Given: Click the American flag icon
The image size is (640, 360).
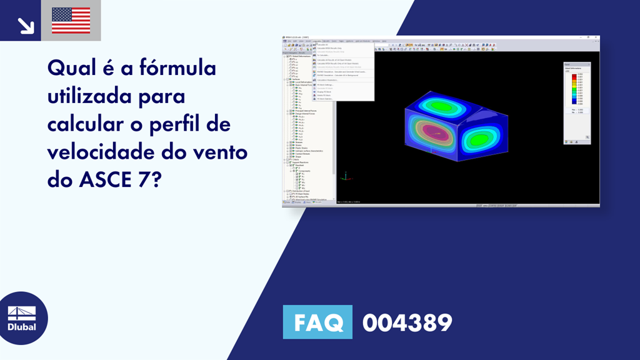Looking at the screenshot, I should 71,20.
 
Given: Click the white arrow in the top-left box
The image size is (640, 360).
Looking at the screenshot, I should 26,25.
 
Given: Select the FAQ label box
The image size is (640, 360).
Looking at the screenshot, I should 317,322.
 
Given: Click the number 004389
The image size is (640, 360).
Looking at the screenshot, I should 407,323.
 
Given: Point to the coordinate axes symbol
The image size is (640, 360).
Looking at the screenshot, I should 344,177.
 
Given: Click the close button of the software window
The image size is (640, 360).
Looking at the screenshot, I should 596,38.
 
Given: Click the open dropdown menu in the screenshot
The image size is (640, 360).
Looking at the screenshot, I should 343,72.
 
